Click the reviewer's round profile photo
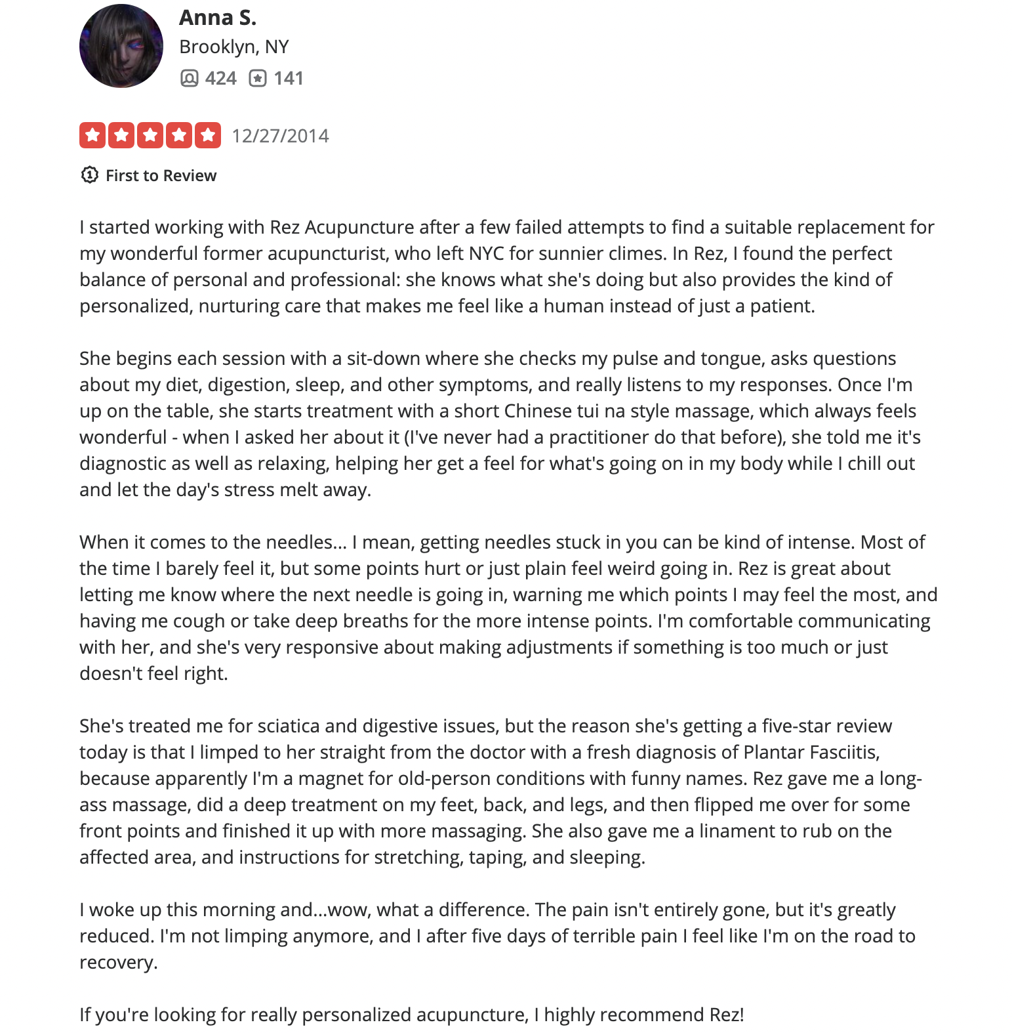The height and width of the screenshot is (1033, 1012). point(121,46)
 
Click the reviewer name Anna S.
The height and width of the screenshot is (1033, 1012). point(217,18)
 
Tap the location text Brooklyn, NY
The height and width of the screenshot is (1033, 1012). point(233,47)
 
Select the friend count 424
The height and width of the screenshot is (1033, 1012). point(220,79)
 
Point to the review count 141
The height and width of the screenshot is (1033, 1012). point(288,79)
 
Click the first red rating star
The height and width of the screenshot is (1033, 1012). point(92,135)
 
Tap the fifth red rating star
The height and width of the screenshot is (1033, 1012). point(208,135)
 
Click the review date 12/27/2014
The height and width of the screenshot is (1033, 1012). point(280,136)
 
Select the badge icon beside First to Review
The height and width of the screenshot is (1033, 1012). point(89,175)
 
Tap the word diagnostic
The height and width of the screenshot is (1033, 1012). point(123,464)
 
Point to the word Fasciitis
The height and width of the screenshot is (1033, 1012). point(844,753)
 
